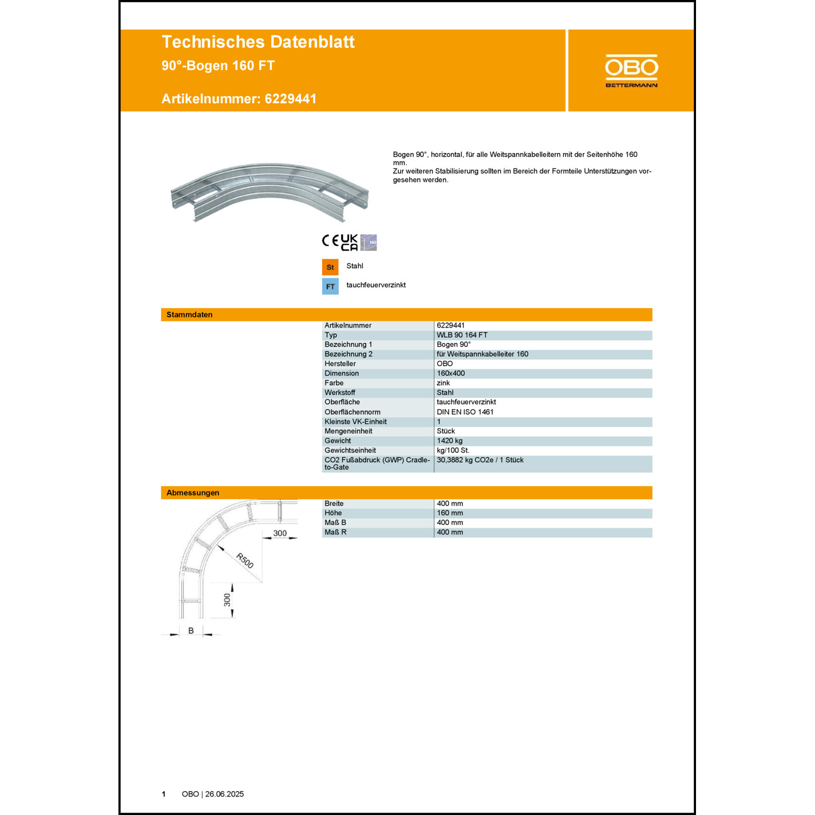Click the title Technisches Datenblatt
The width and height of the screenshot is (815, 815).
tap(258, 42)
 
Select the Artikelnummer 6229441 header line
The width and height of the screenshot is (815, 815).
tap(239, 99)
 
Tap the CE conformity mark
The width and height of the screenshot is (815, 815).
tap(330, 241)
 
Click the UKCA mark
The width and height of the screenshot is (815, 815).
tap(349, 242)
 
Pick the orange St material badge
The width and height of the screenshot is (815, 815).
tap(330, 267)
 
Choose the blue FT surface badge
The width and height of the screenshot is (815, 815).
tap(330, 287)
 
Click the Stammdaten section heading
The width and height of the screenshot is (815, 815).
tap(190, 315)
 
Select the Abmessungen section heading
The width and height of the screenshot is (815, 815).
tap(193, 493)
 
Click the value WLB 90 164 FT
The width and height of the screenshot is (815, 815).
tap(462, 335)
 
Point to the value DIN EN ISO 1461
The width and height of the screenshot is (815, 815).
tap(465, 412)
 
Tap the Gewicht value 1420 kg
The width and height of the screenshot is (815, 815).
tap(450, 441)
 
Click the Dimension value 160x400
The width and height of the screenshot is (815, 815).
tap(451, 373)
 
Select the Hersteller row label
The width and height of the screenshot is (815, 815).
tap(340, 364)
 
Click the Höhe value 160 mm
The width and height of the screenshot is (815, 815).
tap(450, 513)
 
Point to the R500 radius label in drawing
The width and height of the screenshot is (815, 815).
tap(245, 560)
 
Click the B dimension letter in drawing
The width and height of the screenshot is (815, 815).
tap(191, 631)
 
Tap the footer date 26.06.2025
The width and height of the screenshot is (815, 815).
tap(224, 794)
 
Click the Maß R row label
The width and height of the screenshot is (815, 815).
tap(335, 532)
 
